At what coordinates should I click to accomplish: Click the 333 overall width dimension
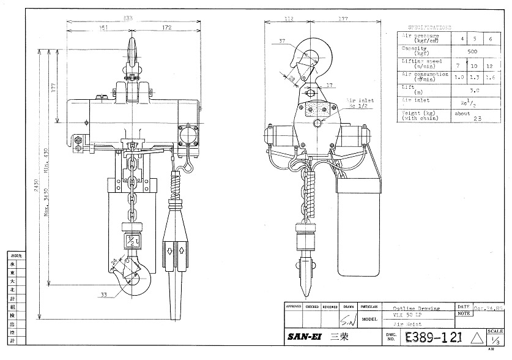(127, 18)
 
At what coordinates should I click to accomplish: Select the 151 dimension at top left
(105, 28)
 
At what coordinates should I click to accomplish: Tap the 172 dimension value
(167, 28)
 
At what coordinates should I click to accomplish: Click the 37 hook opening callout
(282, 42)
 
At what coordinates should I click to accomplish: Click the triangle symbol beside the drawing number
(477, 337)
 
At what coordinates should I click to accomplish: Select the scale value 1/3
(495, 341)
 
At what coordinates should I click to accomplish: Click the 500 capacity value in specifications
(472, 52)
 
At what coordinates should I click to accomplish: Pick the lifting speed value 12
(488, 66)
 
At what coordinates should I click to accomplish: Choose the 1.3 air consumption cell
(472, 78)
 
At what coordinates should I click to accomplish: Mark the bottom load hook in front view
(139, 279)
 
